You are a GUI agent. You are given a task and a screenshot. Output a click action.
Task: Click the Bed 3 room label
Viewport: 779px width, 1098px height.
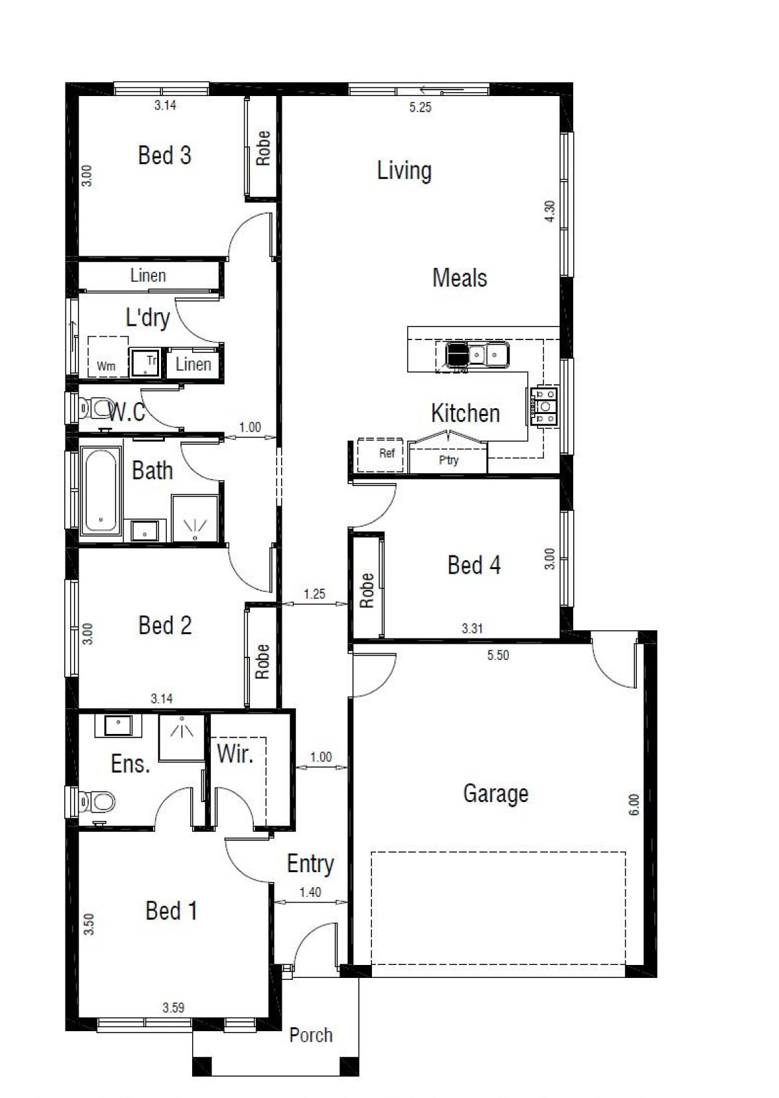coord(165,155)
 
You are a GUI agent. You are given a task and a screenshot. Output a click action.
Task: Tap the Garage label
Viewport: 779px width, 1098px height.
coord(495,794)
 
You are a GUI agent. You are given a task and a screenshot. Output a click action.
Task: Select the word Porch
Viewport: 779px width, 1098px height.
coord(311,1035)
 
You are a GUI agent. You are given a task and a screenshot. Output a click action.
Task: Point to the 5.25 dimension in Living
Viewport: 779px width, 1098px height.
coord(421,107)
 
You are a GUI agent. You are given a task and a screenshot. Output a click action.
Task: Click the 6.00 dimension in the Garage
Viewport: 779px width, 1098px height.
coord(634,805)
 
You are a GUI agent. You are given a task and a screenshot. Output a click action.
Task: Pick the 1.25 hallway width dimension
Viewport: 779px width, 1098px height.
coord(314,594)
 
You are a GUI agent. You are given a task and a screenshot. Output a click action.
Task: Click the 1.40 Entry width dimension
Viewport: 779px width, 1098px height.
coord(310,892)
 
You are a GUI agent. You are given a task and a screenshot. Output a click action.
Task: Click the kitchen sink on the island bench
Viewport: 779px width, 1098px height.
coord(477,354)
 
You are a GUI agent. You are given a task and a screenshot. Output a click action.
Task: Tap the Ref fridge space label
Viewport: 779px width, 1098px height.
coord(387,453)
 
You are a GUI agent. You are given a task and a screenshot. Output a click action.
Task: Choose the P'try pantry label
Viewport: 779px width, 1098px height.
coord(449,460)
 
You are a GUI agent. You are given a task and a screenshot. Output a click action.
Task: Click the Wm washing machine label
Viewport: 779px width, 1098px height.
coord(106,365)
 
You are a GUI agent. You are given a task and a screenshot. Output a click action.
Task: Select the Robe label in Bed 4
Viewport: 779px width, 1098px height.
coord(367,590)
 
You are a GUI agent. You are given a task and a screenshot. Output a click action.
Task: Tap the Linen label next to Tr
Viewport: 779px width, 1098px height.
coord(193,363)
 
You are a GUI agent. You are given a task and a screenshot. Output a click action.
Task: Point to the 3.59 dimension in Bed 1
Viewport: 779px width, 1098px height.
coord(173,1008)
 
